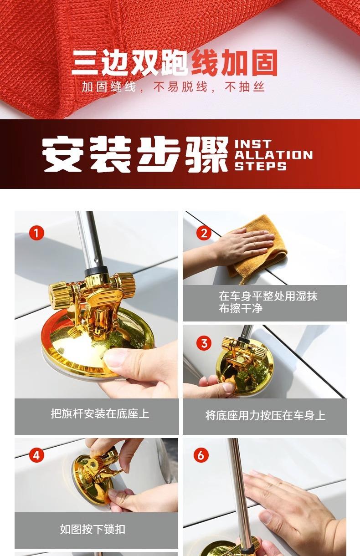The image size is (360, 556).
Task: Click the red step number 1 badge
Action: (x=36, y=233)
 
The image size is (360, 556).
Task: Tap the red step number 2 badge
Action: (x=204, y=233)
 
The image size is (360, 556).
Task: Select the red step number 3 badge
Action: (x=204, y=343)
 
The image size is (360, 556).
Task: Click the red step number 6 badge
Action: (x=201, y=455)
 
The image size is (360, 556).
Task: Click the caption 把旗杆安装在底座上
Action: (x=100, y=414)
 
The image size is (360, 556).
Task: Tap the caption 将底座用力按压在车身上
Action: (x=265, y=415)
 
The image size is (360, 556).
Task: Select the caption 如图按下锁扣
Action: (x=93, y=529)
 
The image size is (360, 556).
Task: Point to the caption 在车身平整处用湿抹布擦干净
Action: (x=268, y=302)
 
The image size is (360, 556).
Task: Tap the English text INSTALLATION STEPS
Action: (x=273, y=155)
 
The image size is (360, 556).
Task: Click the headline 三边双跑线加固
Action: (x=175, y=62)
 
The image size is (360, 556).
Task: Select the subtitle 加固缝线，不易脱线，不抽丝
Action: (x=173, y=87)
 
